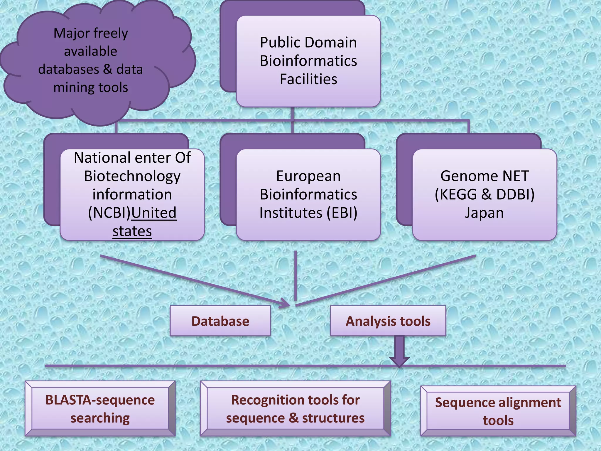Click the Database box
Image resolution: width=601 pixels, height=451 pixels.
click(220, 321)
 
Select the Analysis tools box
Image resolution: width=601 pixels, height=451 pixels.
click(388, 321)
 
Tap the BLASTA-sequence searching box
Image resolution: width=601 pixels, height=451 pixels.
click(100, 409)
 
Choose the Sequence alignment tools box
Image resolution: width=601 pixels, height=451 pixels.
click(498, 411)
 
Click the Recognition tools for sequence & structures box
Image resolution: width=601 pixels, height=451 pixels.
click(295, 409)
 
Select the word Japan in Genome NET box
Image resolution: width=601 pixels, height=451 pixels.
click(484, 213)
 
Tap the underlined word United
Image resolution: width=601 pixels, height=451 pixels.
click(154, 213)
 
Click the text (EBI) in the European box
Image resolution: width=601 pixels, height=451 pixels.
click(342, 213)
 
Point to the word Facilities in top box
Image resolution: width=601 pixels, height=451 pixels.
click(308, 79)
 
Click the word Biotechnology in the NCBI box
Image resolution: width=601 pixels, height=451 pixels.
click(132, 176)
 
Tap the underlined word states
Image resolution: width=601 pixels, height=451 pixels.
click(132, 231)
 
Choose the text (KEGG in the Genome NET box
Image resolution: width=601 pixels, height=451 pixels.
click(456, 194)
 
